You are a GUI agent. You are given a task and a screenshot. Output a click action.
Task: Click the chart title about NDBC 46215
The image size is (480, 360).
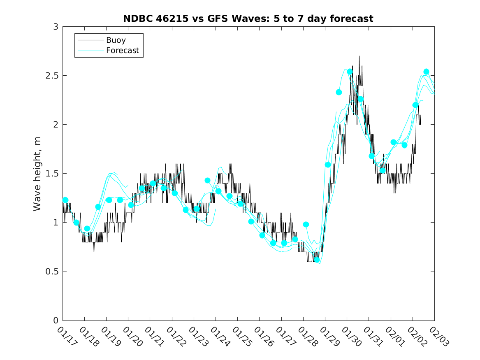tap(248, 19)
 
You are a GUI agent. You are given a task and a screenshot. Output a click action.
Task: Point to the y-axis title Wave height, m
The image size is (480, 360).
tap(37, 174)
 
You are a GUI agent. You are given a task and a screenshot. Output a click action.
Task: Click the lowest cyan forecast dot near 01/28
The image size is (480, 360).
tap(317, 260)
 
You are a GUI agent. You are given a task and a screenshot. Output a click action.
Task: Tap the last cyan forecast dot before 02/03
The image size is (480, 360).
tap(426, 72)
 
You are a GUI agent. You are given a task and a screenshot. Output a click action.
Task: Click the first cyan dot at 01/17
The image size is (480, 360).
tap(65, 200)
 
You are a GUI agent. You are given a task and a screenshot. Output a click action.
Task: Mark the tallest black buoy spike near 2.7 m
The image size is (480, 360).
tap(359, 56)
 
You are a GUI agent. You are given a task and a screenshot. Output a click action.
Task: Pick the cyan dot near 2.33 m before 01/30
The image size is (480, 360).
tap(339, 92)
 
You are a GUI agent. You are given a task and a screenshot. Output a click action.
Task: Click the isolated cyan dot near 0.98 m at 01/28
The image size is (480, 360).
tap(306, 224)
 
